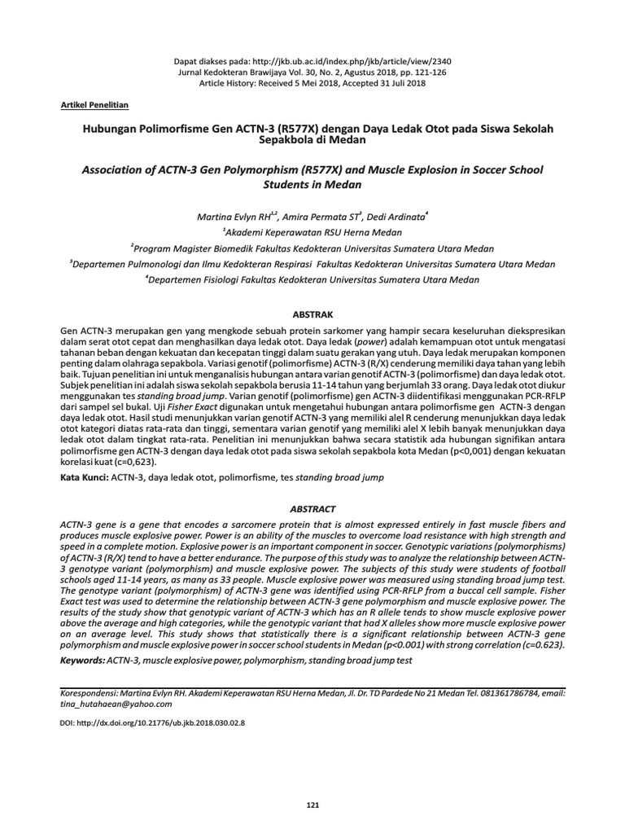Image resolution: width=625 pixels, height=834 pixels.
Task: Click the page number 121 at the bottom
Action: click(x=312, y=805)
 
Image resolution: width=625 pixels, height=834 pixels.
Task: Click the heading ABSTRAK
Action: click(x=312, y=313)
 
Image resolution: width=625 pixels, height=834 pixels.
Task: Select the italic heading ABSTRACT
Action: click(x=312, y=507)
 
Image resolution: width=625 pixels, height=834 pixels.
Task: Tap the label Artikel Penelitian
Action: click(x=94, y=106)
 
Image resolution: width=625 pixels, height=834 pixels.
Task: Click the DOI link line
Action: click(x=153, y=722)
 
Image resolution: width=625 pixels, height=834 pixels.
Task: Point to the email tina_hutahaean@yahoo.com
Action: click(x=117, y=704)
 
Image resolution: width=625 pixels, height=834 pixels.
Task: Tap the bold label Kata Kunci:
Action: click(x=85, y=475)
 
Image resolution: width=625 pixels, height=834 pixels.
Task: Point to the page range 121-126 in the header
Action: click(x=403, y=72)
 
